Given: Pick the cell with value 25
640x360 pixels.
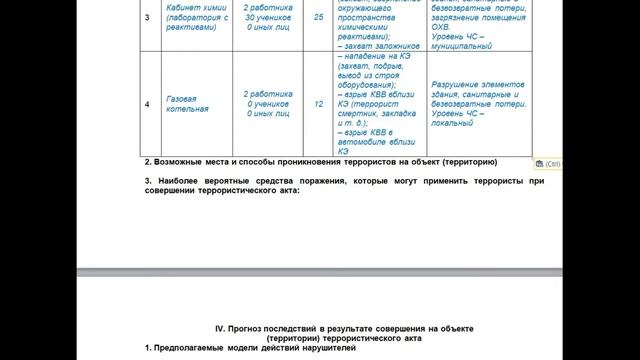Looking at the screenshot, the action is [318, 18].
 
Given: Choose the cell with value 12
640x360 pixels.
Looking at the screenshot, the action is [318, 103].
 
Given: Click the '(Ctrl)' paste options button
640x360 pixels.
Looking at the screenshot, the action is [551, 162].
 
